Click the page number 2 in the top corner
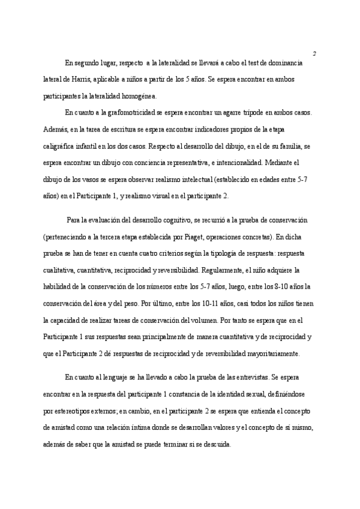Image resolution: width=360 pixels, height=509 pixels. [314, 53]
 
